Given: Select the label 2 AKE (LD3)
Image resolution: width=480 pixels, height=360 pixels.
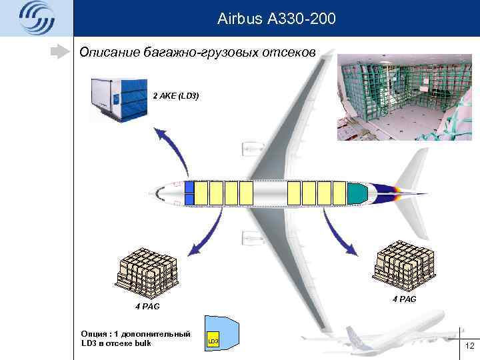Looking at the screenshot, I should point(176,96).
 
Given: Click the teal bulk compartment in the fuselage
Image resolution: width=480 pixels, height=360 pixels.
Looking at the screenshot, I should point(357,193).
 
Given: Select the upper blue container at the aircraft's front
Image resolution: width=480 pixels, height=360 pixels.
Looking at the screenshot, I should point(189,187).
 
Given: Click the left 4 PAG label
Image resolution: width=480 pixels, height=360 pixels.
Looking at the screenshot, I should point(147,307).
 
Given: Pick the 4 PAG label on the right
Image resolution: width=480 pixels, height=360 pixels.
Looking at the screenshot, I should point(405,299).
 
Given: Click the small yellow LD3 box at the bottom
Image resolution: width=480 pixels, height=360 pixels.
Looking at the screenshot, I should point(213,341).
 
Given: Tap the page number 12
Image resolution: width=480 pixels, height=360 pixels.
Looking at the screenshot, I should point(469,345).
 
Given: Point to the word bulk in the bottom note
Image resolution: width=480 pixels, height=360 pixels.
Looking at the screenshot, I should point(141,343).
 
